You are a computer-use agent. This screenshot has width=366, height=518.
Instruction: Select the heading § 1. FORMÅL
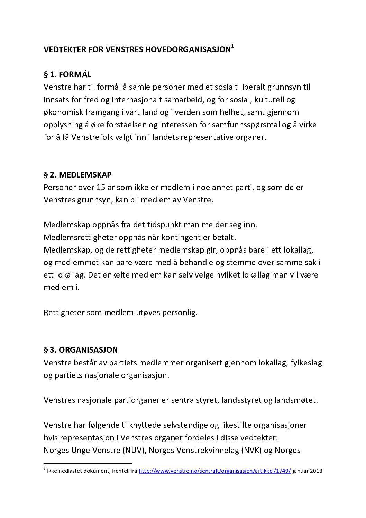pyautogui.click(x=67, y=74)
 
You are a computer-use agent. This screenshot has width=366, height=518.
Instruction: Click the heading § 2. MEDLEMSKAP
pyautogui.click(x=77, y=175)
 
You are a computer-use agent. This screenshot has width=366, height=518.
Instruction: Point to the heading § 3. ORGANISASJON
pyautogui.click(x=81, y=350)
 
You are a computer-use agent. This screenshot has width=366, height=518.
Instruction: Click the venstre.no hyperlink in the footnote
pyautogui.click(x=214, y=471)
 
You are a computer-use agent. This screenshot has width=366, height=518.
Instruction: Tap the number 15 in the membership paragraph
pyautogui.click(x=101, y=188)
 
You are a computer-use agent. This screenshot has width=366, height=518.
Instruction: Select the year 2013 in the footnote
pyautogui.click(x=317, y=471)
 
